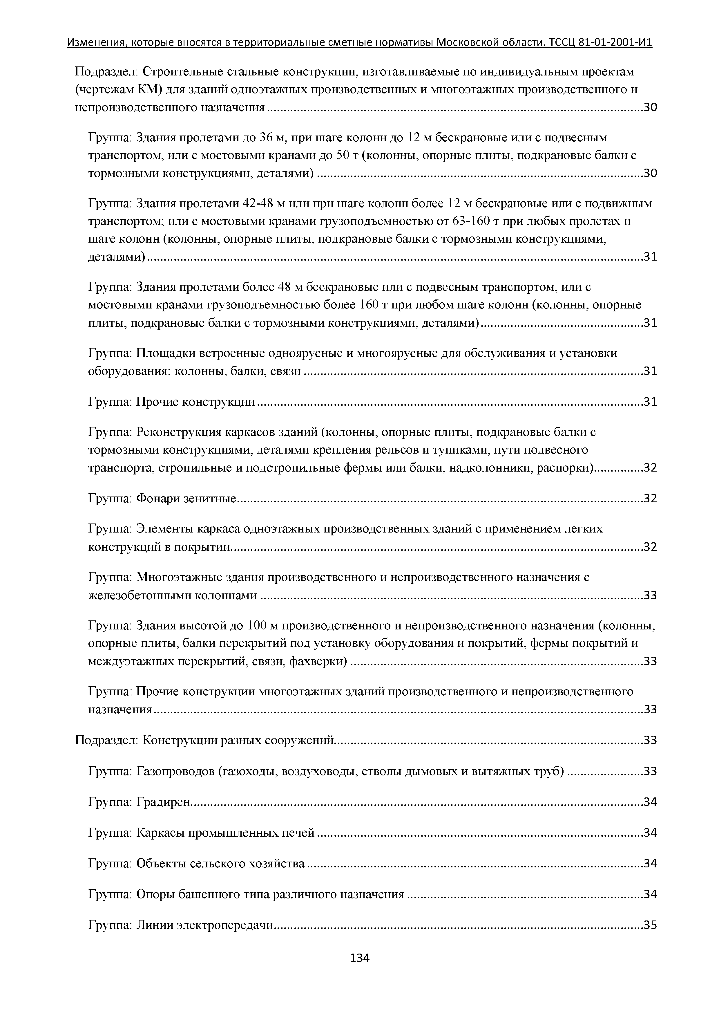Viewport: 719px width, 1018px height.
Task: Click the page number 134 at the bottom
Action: tap(359, 958)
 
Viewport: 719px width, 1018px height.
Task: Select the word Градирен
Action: tap(163, 802)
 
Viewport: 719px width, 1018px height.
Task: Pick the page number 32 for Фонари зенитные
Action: tap(650, 498)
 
